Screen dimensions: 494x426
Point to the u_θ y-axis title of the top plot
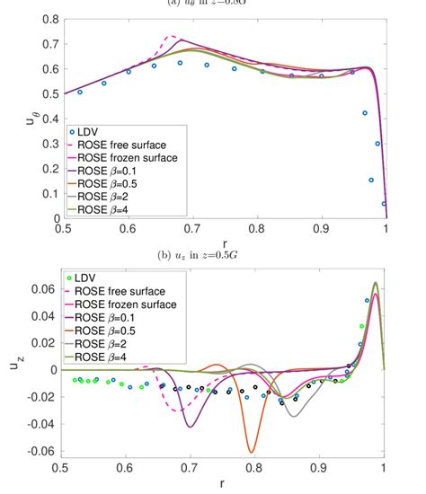point(15,119)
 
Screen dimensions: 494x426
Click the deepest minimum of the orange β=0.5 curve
point(252,452)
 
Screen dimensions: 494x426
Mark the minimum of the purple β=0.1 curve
point(189,426)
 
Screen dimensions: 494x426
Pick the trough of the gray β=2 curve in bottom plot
point(293,415)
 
